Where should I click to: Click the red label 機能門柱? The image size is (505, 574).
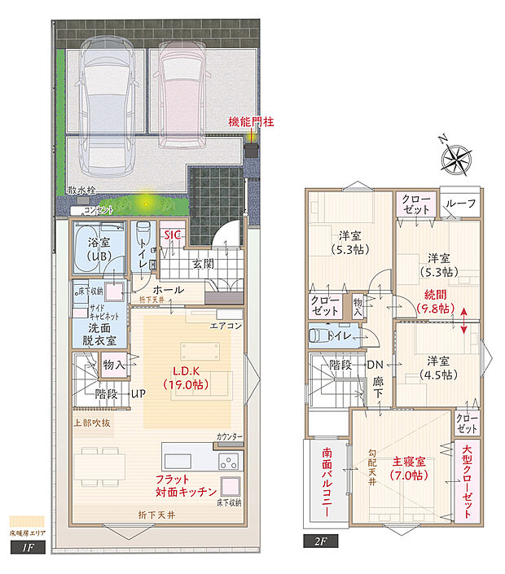pos(251,121)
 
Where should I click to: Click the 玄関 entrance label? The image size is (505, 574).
pos(203,263)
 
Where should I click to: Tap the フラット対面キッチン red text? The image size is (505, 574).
pos(186,487)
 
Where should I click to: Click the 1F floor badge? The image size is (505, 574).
pos(23,548)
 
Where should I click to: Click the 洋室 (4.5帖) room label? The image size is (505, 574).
pos(437,367)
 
